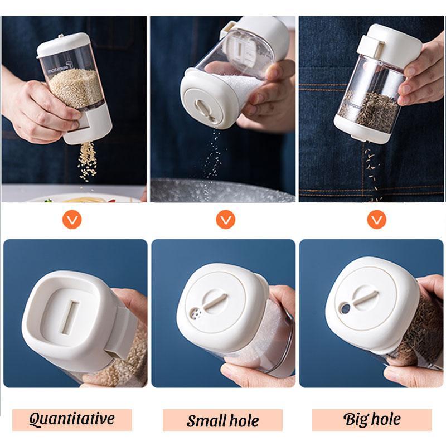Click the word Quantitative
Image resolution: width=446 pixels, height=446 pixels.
point(71,419)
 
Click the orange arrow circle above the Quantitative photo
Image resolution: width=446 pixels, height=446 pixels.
point(72,220)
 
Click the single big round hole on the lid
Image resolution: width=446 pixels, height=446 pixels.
point(346,308)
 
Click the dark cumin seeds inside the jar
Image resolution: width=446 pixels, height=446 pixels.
point(369,109)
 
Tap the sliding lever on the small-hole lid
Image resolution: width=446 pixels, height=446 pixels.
point(215,302)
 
